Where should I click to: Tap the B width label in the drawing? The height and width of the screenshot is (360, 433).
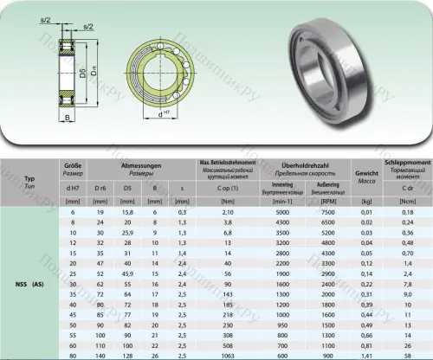67,115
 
